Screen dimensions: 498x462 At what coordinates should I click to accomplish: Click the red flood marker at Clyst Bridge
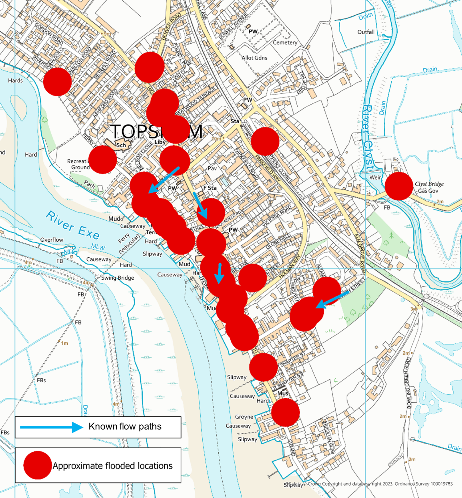point(399,186)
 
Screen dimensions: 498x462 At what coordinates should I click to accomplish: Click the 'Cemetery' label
point(285,42)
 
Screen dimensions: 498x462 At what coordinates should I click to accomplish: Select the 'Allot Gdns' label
point(255,58)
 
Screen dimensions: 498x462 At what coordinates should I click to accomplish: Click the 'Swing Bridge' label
point(117,278)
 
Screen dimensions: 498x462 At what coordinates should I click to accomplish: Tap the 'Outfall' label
point(366,32)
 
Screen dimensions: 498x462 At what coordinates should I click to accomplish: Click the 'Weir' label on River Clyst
point(375,177)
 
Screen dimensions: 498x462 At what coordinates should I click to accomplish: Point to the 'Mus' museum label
point(283,393)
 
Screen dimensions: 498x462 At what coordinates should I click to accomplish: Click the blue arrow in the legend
point(52,427)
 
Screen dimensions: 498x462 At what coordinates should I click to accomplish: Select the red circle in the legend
point(38,465)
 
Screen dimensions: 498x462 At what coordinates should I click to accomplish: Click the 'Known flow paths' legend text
point(125,426)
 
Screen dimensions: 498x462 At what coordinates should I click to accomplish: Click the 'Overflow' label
point(52,240)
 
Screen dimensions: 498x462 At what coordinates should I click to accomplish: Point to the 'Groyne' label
point(244,417)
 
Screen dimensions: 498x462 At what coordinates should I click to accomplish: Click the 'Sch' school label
point(121,145)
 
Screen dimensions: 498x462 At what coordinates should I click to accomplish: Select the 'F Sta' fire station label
point(210,188)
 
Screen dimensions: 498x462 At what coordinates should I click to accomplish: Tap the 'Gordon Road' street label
point(49,34)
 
